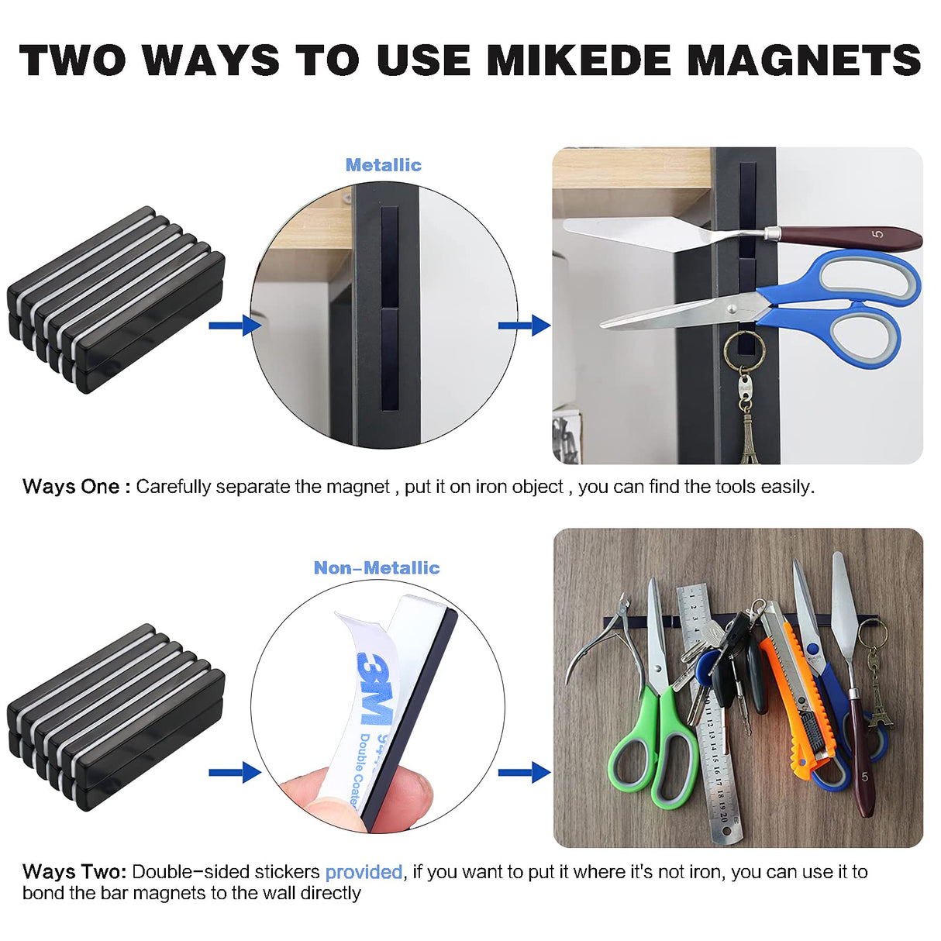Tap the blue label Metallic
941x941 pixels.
383,165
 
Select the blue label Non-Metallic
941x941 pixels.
376,568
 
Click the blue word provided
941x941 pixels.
364,872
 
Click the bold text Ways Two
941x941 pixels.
74,872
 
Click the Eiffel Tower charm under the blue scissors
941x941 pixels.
749,438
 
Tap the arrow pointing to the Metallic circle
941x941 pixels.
234,326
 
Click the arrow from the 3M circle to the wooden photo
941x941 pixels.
524,772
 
